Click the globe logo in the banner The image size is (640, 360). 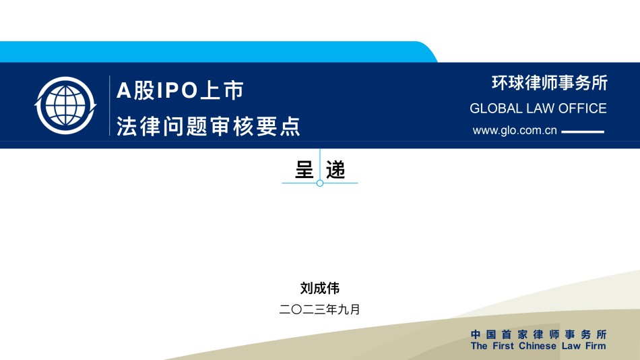pyautogui.click(x=65, y=105)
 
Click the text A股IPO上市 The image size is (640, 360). pyautogui.click(x=180, y=90)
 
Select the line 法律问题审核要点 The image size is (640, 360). pyautogui.click(x=209, y=126)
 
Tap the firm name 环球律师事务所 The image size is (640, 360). pyautogui.click(x=549, y=83)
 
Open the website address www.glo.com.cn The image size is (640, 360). pyautogui.click(x=515, y=130)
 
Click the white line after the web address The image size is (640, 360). pyautogui.click(x=583, y=131)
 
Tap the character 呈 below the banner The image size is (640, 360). pyautogui.click(x=304, y=170)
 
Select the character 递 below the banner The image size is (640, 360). pyautogui.click(x=335, y=170)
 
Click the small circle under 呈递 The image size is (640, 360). pyautogui.click(x=320, y=183)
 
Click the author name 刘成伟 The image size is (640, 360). pyautogui.click(x=320, y=288)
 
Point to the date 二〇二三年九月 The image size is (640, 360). pyautogui.click(x=319, y=309)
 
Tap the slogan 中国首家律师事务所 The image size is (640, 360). pyautogui.click(x=539, y=334)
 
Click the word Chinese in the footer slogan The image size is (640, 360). pyautogui.click(x=538, y=346)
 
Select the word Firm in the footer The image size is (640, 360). pyautogui.click(x=596, y=346)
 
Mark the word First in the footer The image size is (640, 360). pyautogui.click(x=503, y=346)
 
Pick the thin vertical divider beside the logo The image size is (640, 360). pyautogui.click(x=109, y=105)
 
